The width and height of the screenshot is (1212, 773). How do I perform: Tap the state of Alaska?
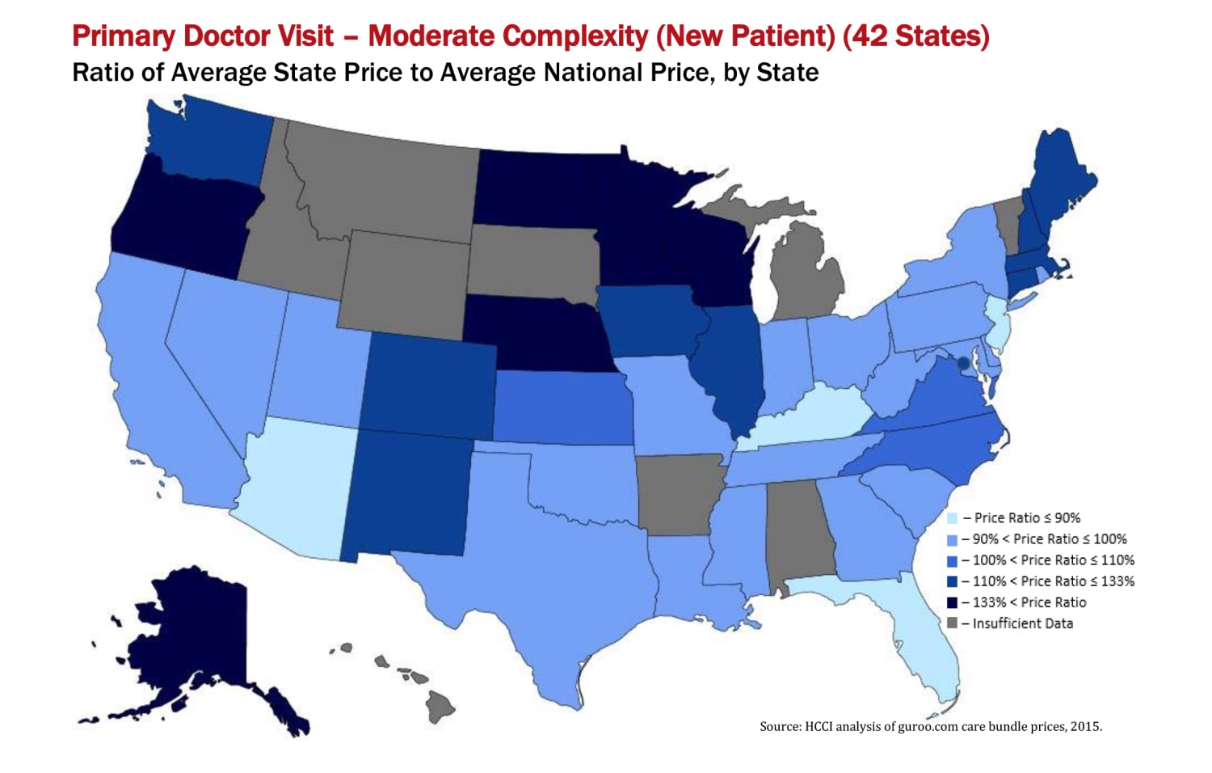(194, 639)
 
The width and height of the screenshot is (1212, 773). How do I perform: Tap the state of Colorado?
(428, 384)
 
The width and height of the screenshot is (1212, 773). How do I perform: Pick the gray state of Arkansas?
(675, 493)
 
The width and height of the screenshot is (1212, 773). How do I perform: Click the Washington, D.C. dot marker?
(962, 364)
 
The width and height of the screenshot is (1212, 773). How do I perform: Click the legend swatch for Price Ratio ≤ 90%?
(952, 518)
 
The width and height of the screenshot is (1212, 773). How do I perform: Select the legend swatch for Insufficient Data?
(952, 623)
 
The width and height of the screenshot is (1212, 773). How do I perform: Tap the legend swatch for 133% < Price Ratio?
(952, 602)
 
